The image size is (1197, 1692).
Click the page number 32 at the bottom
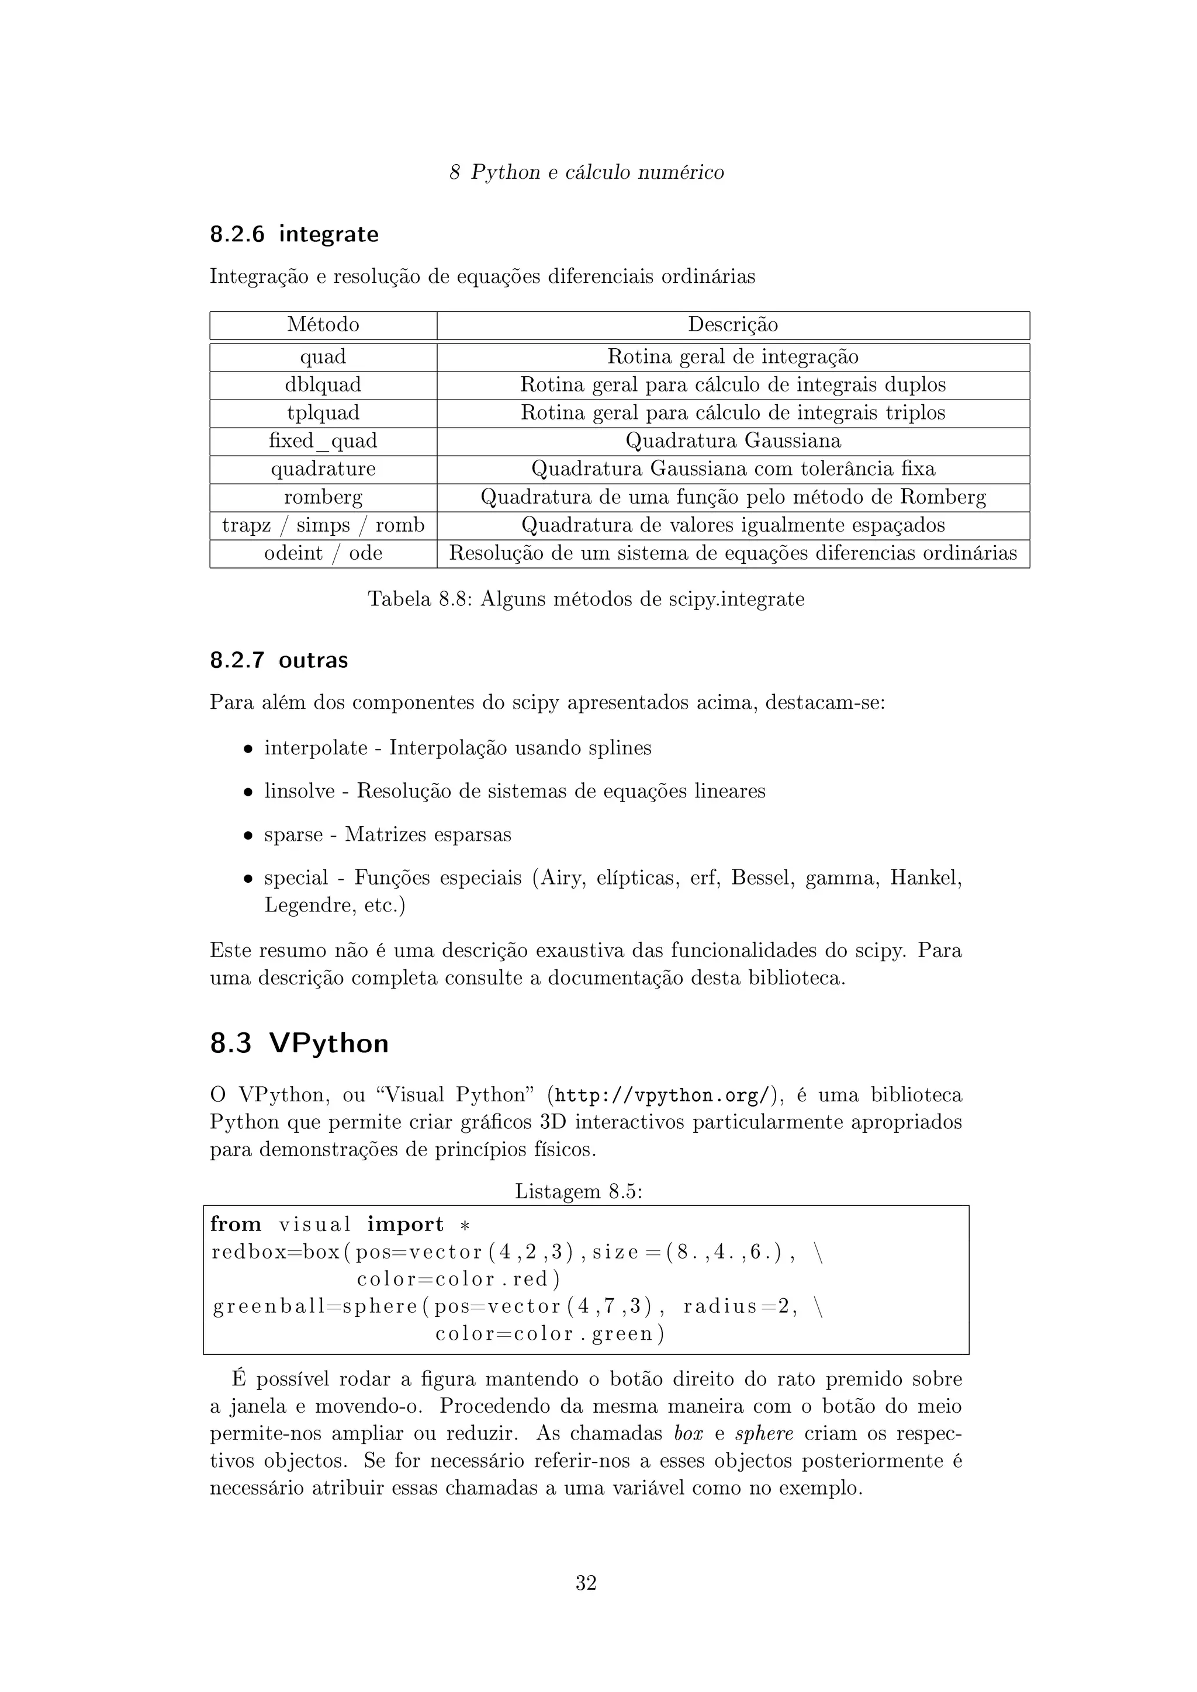(x=586, y=1583)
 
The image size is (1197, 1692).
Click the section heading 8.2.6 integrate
(x=294, y=234)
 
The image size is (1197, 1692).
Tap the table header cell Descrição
(x=733, y=325)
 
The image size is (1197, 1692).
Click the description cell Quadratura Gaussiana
(x=733, y=441)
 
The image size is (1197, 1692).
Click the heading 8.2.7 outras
(x=279, y=660)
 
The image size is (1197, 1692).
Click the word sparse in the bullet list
(x=293, y=835)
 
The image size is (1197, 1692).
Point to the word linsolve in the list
(x=299, y=792)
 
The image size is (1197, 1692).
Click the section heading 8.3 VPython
(x=299, y=1043)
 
